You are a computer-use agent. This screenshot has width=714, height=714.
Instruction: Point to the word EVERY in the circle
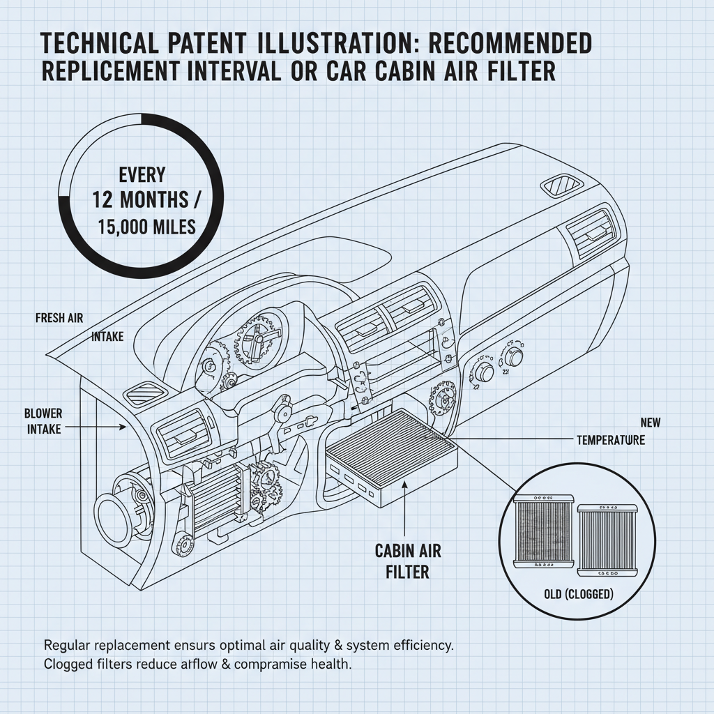pos(142,174)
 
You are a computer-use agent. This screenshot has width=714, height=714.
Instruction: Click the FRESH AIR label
pos(59,318)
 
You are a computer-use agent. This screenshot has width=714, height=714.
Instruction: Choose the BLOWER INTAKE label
pos(43,420)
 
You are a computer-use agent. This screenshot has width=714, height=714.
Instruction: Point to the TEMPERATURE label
pos(610,441)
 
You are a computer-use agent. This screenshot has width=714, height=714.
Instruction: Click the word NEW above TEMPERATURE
pos(649,423)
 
